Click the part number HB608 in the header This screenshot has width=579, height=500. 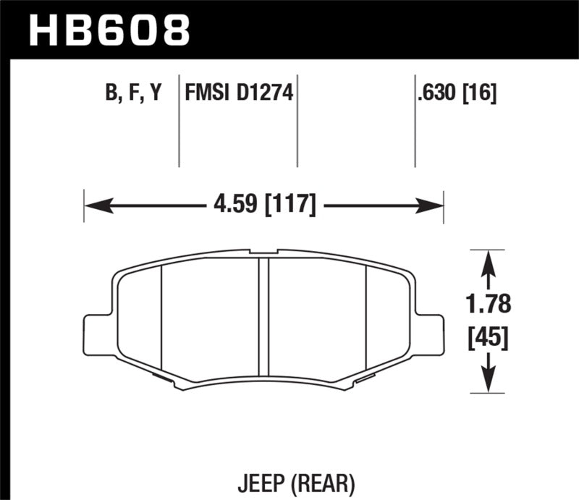109,30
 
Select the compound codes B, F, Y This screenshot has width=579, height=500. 133,94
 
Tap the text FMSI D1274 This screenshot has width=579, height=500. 239,94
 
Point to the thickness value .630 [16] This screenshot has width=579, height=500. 456,94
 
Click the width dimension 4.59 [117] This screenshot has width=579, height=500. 263,205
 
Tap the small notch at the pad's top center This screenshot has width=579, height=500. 264,253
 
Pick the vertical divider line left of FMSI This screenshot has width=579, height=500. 179,123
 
